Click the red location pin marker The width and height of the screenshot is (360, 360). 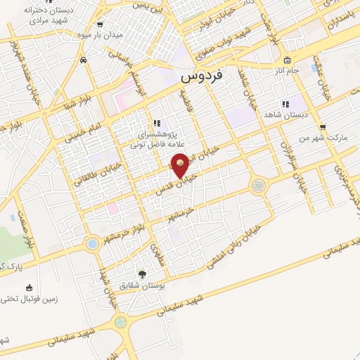[x=180, y=164]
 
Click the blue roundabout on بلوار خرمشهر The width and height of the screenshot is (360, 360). [x=92, y=244]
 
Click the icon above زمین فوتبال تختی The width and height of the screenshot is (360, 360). [x=29, y=287]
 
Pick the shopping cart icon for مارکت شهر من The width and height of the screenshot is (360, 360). [x=323, y=127]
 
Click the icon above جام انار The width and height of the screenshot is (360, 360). [x=288, y=58]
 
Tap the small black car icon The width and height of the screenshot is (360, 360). [x=84, y=60]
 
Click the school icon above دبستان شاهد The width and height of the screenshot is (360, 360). [x=284, y=104]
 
